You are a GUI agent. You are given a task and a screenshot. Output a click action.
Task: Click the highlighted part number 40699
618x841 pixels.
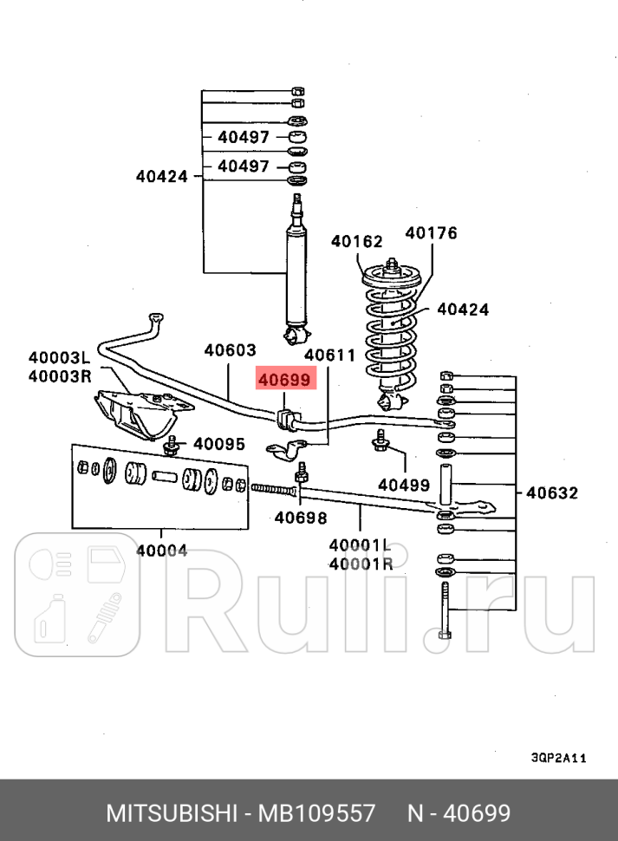pos(284,380)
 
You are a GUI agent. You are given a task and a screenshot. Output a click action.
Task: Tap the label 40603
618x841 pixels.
pos(230,350)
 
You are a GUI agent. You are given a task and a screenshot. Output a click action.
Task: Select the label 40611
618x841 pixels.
pos(329,355)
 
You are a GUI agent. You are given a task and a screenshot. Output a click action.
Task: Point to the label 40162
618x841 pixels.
pos(356,241)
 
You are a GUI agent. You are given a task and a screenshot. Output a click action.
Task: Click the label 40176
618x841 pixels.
pos(431,232)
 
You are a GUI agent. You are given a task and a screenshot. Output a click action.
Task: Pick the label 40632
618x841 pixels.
pos(552,492)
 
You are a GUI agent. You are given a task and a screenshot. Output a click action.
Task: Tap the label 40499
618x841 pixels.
pos(404,485)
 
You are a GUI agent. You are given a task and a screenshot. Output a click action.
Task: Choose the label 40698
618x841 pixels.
pos(300,518)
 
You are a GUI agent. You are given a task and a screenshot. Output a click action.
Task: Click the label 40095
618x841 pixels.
pos(219,444)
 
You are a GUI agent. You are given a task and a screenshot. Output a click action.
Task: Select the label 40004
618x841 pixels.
pos(162,551)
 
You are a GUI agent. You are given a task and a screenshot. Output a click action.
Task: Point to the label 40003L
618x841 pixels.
pos(60,357)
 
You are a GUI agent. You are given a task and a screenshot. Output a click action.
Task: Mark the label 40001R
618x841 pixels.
pos(361,564)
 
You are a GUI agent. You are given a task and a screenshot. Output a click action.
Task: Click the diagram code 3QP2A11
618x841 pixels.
pos(559,758)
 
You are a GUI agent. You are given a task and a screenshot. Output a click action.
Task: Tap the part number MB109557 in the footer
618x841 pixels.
pos(316,813)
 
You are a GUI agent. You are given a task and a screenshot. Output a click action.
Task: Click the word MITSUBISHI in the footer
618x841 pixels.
pos(172,813)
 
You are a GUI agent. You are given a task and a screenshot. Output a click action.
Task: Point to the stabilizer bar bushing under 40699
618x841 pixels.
pos(286,419)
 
